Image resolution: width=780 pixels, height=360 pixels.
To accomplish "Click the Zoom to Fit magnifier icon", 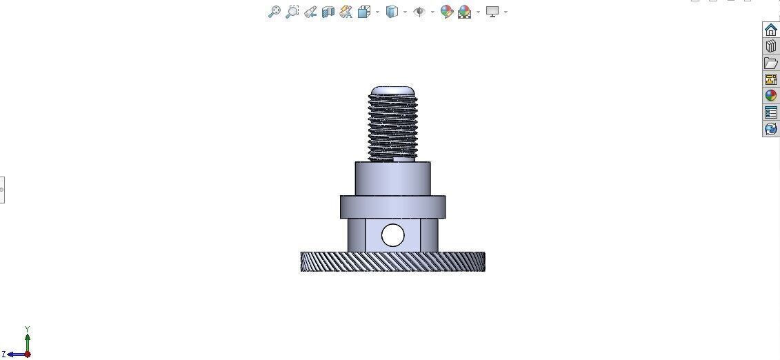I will pyautogui.click(x=274, y=12).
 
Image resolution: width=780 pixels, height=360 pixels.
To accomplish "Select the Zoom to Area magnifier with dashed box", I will pyautogui.click(x=292, y=12).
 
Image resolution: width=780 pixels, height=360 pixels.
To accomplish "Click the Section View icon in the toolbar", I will pyautogui.click(x=328, y=12).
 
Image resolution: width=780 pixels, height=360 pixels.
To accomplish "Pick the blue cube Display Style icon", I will pyautogui.click(x=392, y=12).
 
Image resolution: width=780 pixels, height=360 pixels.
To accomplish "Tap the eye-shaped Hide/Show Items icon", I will pyautogui.click(x=419, y=12).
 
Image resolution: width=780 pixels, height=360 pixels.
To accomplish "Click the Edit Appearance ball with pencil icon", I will pyautogui.click(x=446, y=12).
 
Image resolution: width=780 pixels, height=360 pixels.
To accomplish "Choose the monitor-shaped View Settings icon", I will pyautogui.click(x=492, y=12).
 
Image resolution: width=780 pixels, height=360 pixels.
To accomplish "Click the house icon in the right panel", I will pyautogui.click(x=770, y=30).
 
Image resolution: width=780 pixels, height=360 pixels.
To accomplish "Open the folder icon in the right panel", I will pyautogui.click(x=770, y=63).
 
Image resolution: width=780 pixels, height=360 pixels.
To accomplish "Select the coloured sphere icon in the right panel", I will pyautogui.click(x=770, y=96).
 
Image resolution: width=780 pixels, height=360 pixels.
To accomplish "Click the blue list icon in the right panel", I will pyautogui.click(x=770, y=112).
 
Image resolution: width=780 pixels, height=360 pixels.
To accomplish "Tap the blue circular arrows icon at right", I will pyautogui.click(x=770, y=129).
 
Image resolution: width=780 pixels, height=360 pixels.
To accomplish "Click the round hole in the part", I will pyautogui.click(x=392, y=235).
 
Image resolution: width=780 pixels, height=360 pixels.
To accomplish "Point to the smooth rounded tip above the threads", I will pyautogui.click(x=393, y=90).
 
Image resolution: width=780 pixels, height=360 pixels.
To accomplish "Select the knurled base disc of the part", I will pyautogui.click(x=392, y=261).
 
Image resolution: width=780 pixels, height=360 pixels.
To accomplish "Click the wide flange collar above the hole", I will pyautogui.click(x=392, y=207).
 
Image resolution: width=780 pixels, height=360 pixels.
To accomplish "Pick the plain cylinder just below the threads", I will pyautogui.click(x=392, y=179).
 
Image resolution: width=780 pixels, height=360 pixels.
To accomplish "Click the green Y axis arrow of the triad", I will pyautogui.click(x=28, y=340).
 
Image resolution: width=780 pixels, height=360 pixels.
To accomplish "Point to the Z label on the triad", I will pyautogui.click(x=4, y=354).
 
